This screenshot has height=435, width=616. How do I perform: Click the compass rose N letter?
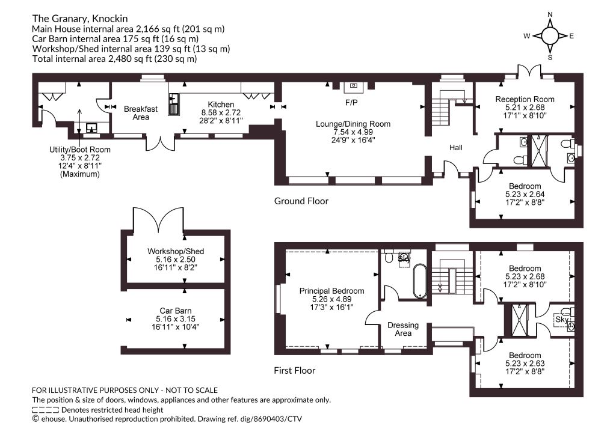click(550, 14)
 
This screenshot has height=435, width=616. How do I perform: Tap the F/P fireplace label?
click(351, 103)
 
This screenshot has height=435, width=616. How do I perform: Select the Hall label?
click(456, 147)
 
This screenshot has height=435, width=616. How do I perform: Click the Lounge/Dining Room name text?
click(353, 124)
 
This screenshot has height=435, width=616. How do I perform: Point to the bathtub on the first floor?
click(419, 281)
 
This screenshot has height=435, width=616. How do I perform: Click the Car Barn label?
click(176, 311)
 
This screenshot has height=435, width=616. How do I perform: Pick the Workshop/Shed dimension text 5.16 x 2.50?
click(176, 260)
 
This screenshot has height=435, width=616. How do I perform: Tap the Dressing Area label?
click(403, 329)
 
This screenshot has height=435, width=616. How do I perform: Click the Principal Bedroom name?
click(331, 291)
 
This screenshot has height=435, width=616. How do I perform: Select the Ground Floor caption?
click(301, 201)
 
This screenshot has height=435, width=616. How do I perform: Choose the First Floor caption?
click(295, 371)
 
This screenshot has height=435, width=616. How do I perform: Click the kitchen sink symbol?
click(174, 105)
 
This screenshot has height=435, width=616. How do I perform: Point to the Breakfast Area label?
click(141, 113)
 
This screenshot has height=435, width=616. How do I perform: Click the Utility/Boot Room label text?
click(80, 150)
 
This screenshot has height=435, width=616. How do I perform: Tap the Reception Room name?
click(525, 99)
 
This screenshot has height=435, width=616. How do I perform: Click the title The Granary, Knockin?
click(80, 19)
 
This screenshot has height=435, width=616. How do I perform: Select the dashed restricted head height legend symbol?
click(45, 410)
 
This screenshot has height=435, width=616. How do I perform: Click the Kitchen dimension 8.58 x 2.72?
click(221, 112)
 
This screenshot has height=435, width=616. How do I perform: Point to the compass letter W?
click(527, 36)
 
